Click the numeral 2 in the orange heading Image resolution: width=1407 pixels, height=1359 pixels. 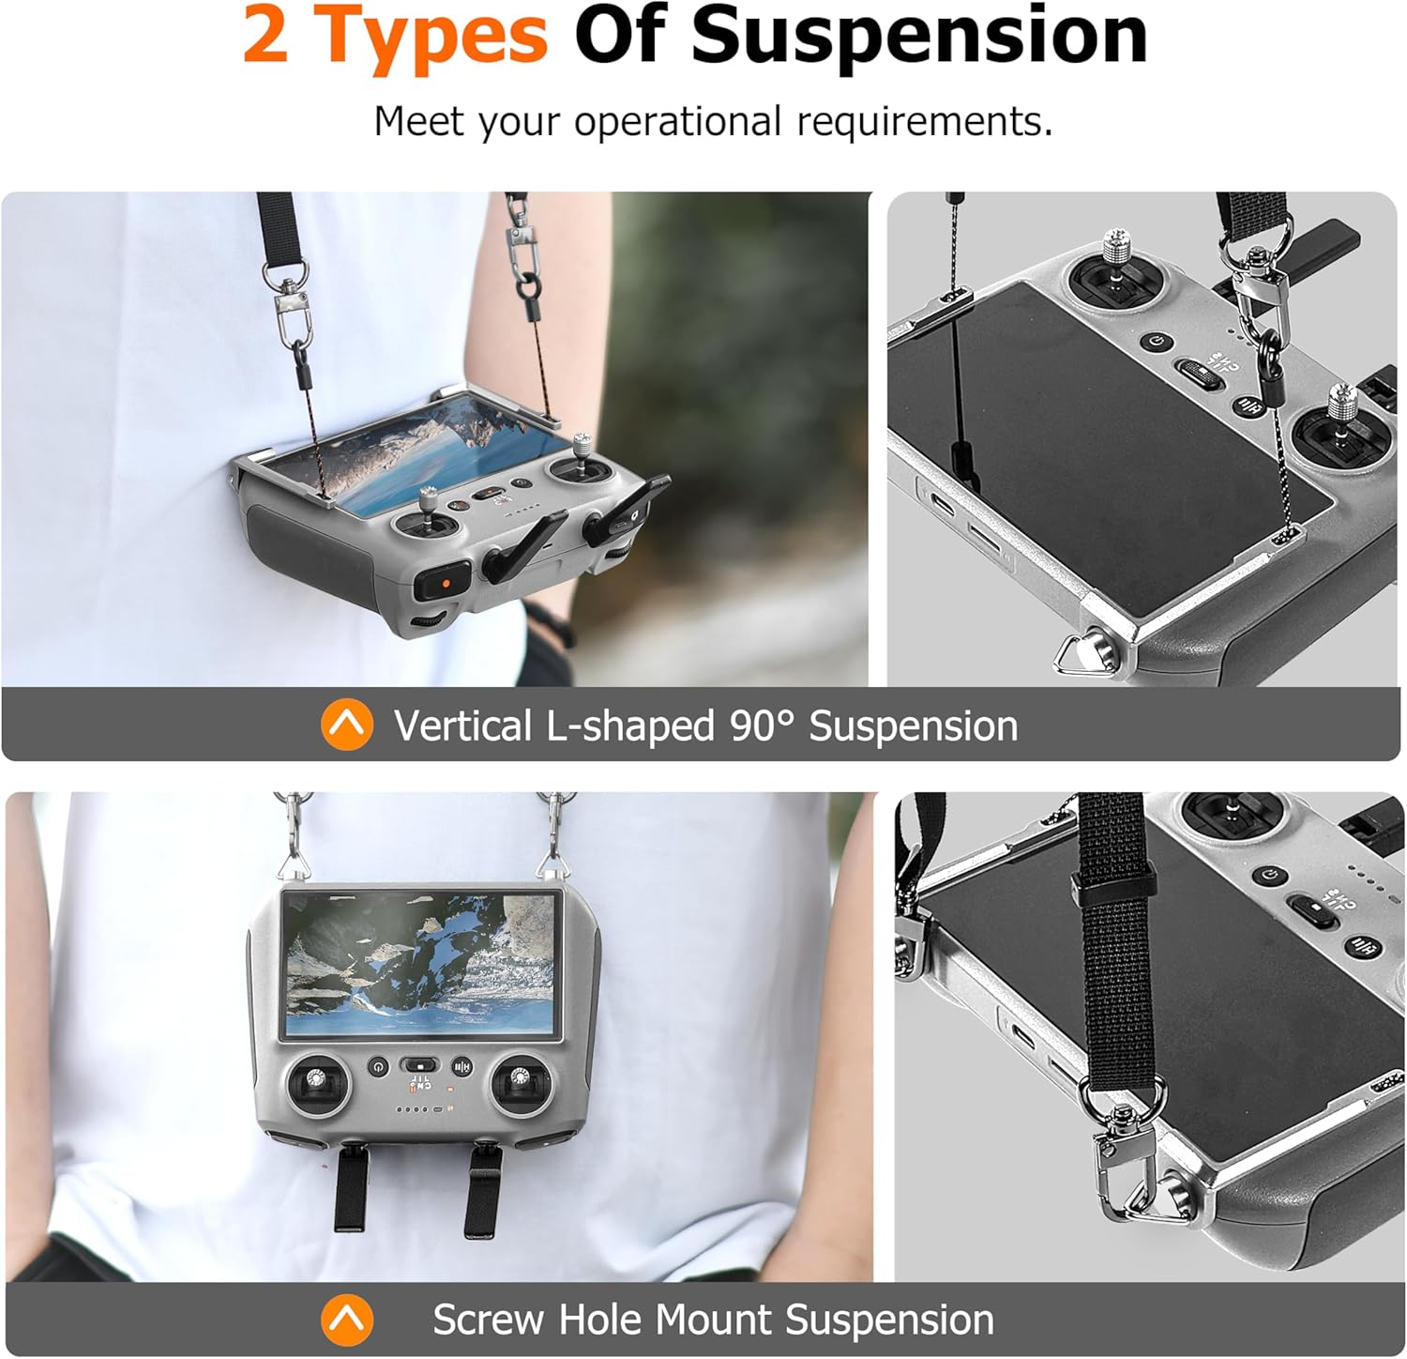pos(266,35)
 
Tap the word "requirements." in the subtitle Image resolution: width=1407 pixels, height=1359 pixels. pos(925,123)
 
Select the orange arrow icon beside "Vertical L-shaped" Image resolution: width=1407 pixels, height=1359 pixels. pos(347,725)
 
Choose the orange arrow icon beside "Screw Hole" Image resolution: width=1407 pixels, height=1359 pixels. pos(347,1320)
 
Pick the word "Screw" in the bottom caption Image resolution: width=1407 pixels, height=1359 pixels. pos(488,1320)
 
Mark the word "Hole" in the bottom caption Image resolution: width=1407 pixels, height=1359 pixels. pos(598,1320)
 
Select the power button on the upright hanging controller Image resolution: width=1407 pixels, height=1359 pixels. pos(378,1067)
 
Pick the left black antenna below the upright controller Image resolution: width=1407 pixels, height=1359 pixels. pos(351,1186)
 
